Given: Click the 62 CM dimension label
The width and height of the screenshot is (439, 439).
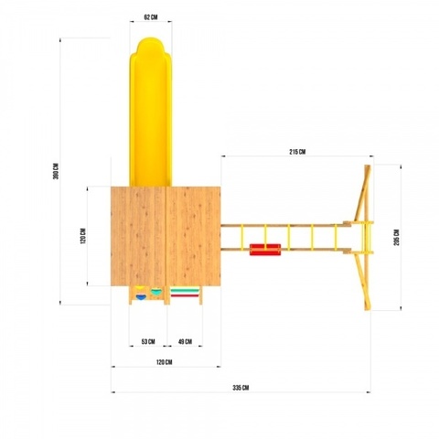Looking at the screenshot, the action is click(x=151, y=17).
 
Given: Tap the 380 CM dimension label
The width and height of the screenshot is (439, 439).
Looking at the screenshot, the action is click(x=56, y=171).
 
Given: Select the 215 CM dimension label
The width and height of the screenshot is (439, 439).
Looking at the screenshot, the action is click(x=297, y=152).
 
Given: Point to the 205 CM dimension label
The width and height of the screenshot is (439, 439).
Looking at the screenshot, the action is click(x=396, y=238).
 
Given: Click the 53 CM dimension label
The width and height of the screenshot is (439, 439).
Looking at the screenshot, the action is click(x=148, y=342).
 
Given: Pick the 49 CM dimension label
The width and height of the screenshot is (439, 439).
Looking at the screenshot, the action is click(x=185, y=342).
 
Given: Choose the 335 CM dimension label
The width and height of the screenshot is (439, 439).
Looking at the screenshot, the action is click(x=241, y=388).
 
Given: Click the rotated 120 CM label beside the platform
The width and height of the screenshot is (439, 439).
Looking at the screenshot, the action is click(x=83, y=236).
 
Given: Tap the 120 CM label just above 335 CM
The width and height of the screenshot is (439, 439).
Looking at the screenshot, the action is click(x=165, y=362).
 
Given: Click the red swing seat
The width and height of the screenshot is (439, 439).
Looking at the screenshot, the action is click(x=265, y=250).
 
